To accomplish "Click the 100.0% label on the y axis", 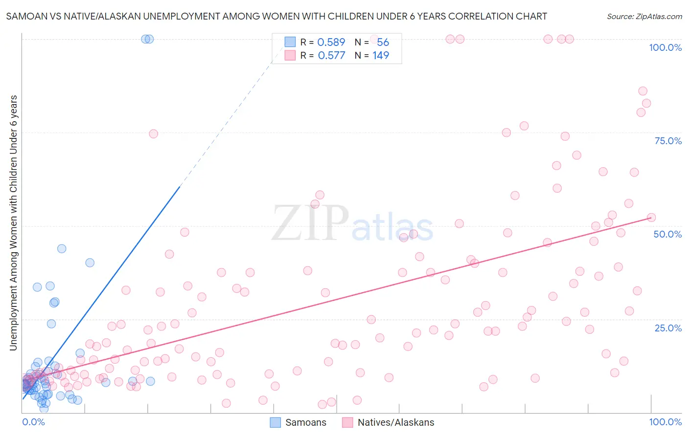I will tap(665, 47).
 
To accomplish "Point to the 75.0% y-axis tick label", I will tap(668, 141).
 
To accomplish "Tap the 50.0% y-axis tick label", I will tap(667, 234).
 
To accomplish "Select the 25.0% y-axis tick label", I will tap(668, 327).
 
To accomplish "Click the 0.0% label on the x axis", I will tap(33, 422).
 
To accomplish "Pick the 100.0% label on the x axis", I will tap(665, 422).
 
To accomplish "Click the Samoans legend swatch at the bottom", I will tap(275, 422).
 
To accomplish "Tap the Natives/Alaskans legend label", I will tap(395, 422).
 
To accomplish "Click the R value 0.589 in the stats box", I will tap(331, 43).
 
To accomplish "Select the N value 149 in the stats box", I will tap(381, 56).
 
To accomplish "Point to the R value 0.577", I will tap(331, 56).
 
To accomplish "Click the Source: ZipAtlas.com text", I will tap(644, 17).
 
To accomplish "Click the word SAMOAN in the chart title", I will tap(23, 17).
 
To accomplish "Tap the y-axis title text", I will tap(13, 222).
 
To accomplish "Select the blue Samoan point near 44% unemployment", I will tap(62, 248).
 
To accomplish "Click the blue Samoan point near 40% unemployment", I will tap(90, 262).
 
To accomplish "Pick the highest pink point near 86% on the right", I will tap(642, 91).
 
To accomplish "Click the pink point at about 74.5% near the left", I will tap(153, 134).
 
